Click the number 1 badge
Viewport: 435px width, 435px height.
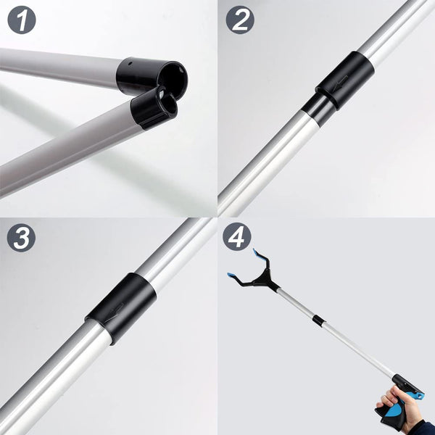point(26,20)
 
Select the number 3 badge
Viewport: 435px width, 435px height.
point(22,238)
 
